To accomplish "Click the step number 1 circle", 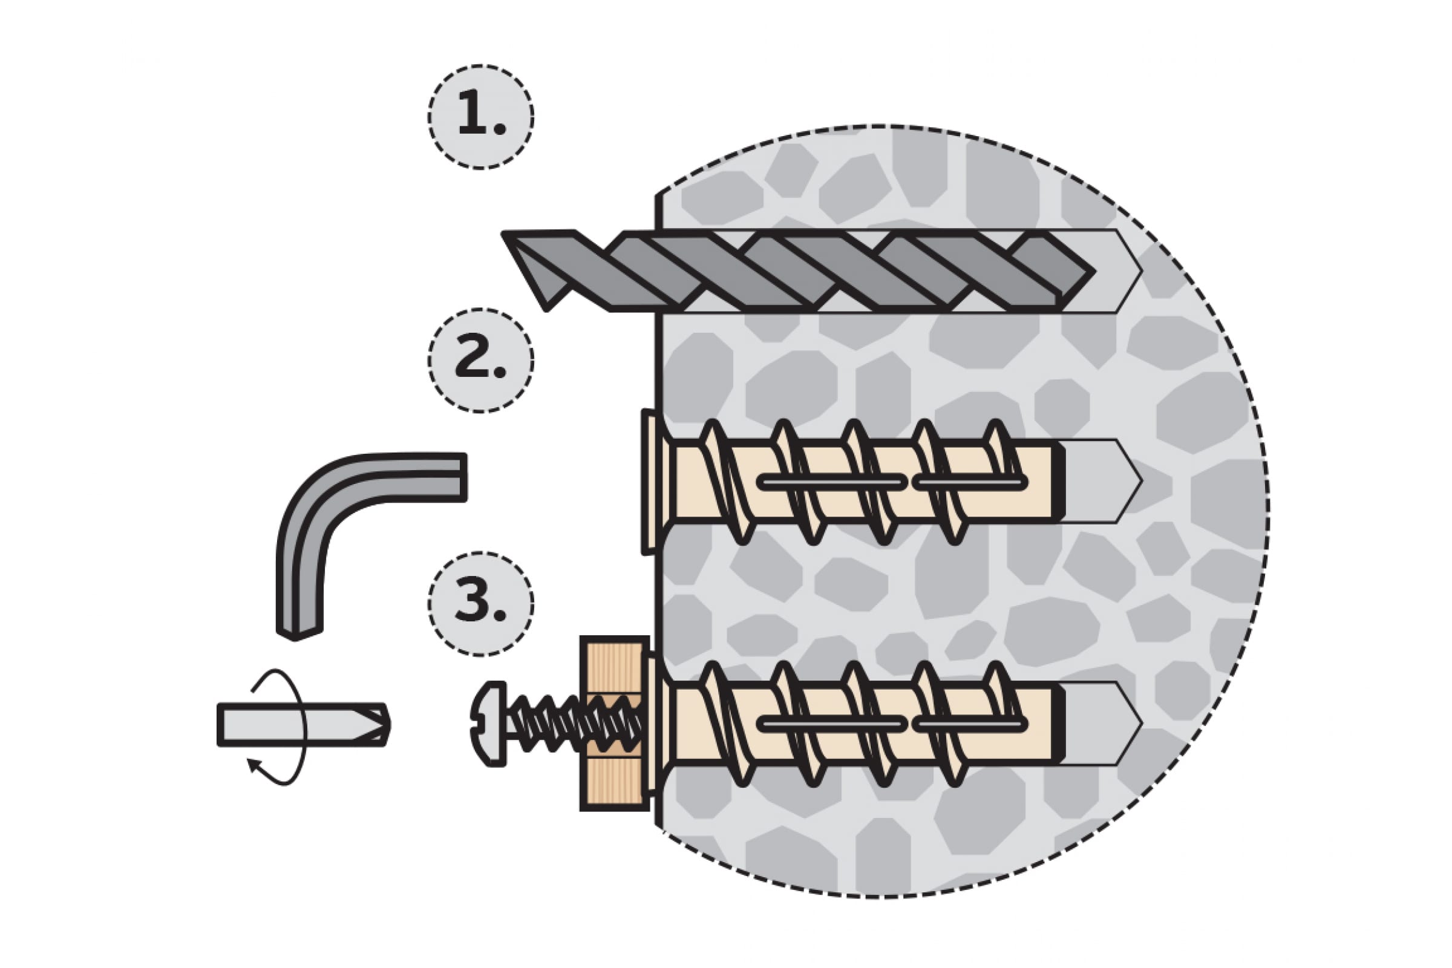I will point(480,117).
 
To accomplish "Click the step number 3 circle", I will point(480,603).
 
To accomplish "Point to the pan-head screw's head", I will point(489,724).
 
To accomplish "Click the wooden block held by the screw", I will point(613,724).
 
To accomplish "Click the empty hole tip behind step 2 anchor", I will point(1105,482).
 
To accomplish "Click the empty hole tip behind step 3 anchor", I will point(1105,724).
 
